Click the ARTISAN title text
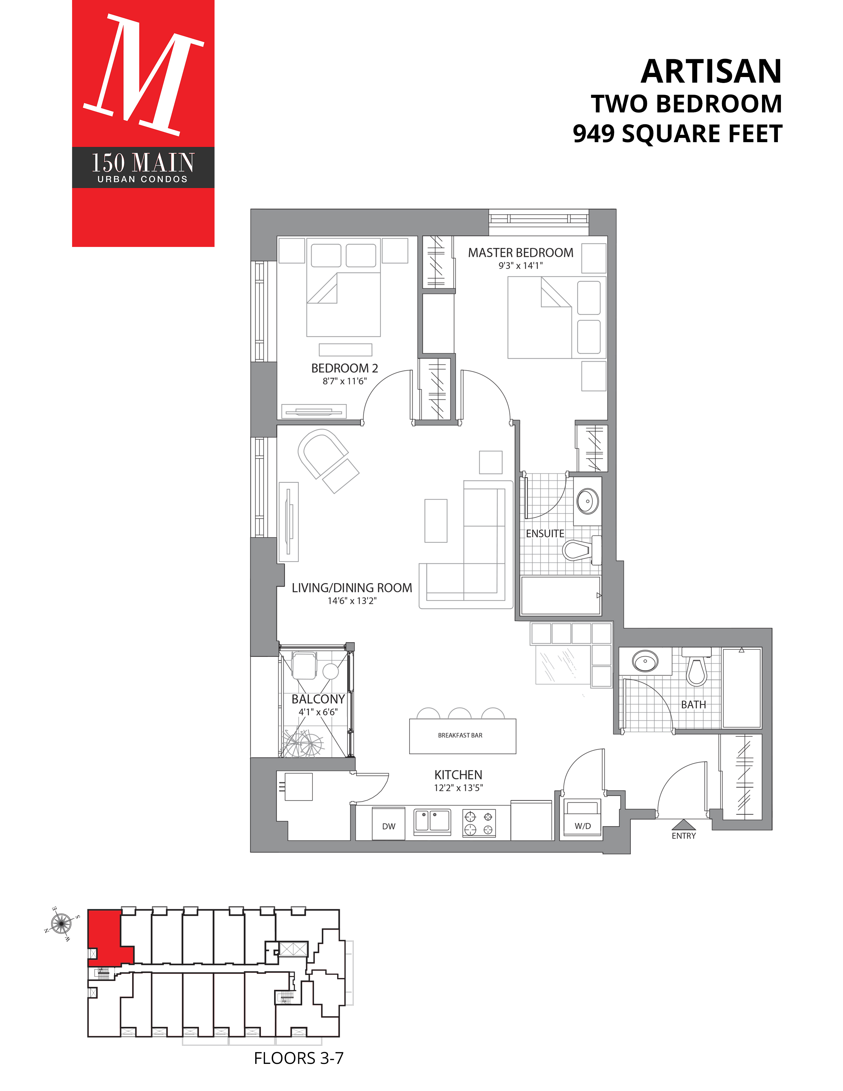(x=711, y=71)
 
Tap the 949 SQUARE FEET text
(x=677, y=134)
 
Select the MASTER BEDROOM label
(x=520, y=253)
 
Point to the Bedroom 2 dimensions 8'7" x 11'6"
(x=344, y=381)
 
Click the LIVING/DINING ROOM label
(x=352, y=588)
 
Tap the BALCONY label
(x=318, y=699)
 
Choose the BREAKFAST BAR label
(x=460, y=735)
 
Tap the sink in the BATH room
(x=645, y=661)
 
